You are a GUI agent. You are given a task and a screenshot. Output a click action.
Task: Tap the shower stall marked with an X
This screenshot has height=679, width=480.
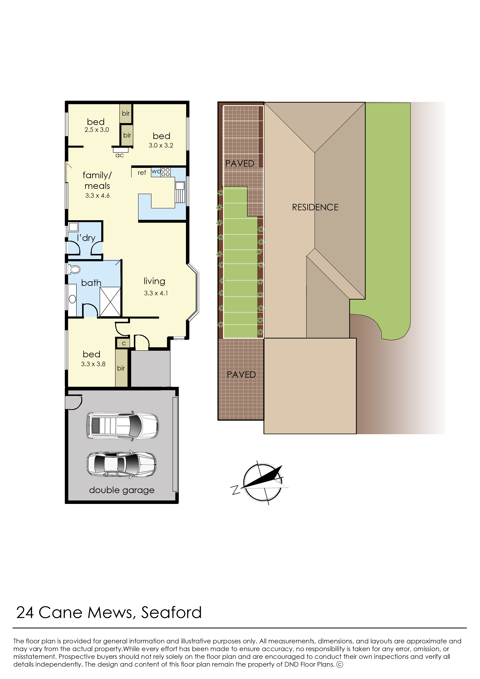coord(110,302)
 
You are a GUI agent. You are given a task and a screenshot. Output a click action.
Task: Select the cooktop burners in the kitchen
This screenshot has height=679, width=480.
coord(166,172)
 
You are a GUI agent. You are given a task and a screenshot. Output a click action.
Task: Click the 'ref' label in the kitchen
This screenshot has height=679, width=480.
coord(142,173)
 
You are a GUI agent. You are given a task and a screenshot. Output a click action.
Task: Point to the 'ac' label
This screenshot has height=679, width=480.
coord(119,155)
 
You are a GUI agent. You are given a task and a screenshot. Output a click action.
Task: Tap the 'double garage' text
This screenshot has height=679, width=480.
coord(122,490)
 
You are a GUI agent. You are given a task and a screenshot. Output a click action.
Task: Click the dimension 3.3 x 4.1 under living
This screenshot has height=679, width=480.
coord(156,293)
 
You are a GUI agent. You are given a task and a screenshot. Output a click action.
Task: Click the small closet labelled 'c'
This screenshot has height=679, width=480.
coord(124,343)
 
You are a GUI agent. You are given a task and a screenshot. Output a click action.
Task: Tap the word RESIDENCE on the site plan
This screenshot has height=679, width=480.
coord(315,207)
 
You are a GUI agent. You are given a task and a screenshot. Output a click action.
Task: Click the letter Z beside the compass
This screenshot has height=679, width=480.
coord(236,490)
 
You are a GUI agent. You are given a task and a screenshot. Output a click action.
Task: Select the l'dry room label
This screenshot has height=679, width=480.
coord(86,238)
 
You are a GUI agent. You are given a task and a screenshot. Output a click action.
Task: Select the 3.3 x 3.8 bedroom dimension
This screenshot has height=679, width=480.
coord(93,364)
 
